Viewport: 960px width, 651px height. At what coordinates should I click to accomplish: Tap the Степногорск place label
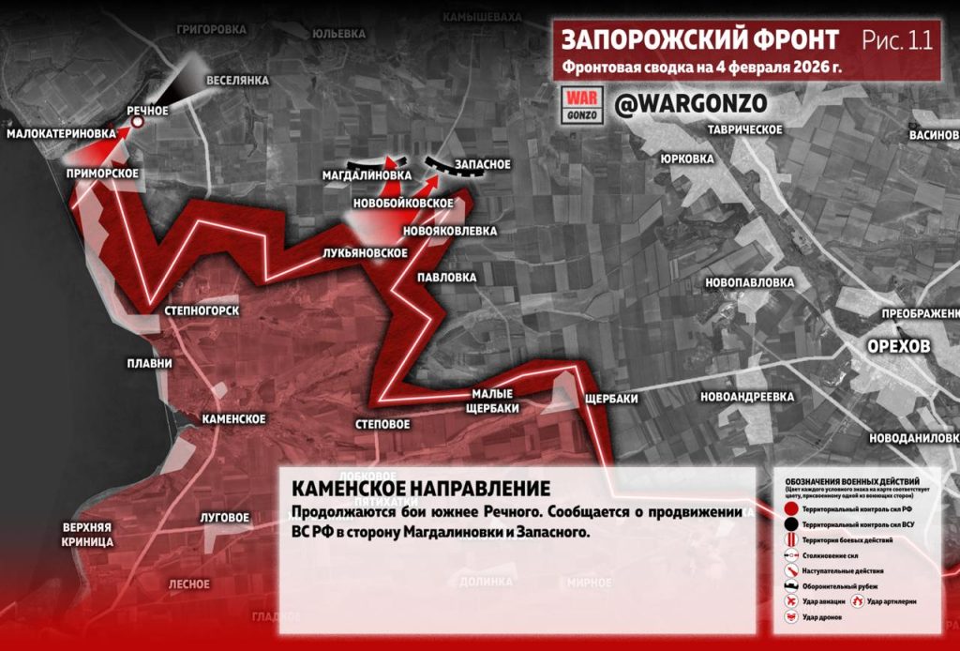click(x=202, y=310)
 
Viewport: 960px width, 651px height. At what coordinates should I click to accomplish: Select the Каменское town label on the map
click(x=233, y=418)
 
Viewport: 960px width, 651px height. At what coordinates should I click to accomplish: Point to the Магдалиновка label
click(x=367, y=175)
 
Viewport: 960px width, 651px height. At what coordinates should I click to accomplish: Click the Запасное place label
click(x=482, y=165)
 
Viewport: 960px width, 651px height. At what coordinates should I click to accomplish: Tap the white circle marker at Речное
click(x=137, y=122)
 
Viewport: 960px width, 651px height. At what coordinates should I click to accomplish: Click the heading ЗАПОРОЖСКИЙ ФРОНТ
click(x=699, y=40)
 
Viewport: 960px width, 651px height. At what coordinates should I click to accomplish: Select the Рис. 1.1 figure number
click(x=897, y=40)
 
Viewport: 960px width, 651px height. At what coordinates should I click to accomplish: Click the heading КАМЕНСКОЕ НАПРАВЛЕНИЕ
click(x=420, y=490)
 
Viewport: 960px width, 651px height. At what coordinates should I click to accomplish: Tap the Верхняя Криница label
click(x=88, y=534)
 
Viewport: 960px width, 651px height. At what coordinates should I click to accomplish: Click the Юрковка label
click(x=686, y=159)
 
